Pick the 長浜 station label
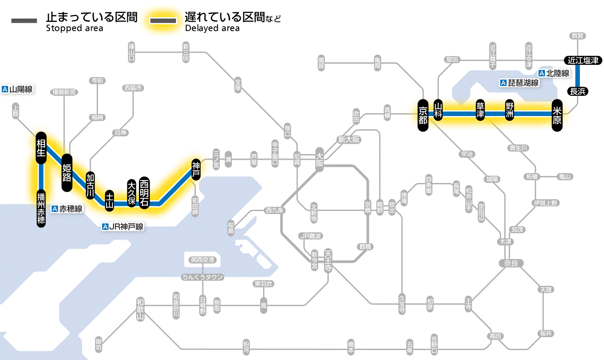tap(577, 91)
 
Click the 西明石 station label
tap(144, 193)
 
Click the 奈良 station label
tap(511, 263)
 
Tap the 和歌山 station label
tap(140, 309)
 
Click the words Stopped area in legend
tap(74, 28)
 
